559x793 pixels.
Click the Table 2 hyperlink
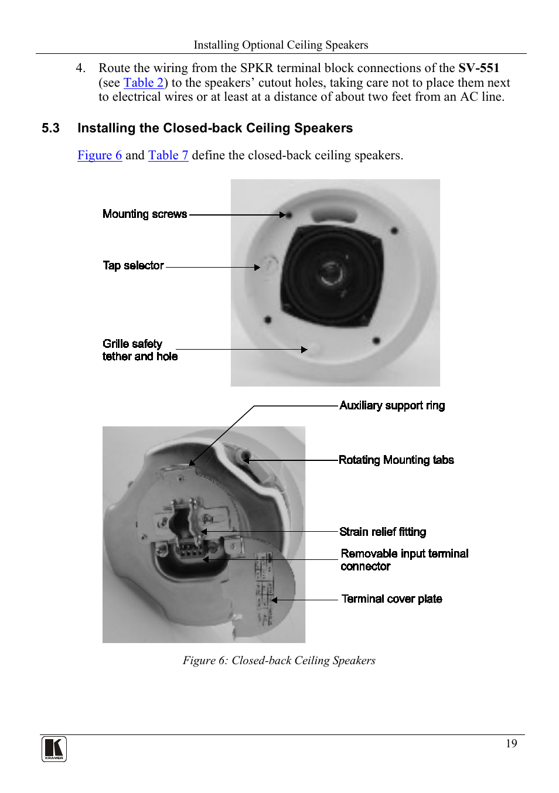point(143,83)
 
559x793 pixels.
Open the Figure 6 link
point(100,155)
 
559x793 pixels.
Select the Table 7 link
point(168,155)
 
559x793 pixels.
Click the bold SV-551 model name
point(478,68)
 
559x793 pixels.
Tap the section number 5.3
point(50,128)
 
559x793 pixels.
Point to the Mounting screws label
point(145,214)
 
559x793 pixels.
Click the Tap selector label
point(133,266)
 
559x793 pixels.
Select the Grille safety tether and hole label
point(139,350)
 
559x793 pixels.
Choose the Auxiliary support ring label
point(392,406)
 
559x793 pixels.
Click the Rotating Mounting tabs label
point(396,460)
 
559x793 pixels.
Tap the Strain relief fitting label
point(383,532)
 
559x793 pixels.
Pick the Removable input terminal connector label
point(404,560)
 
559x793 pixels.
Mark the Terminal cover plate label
point(391,599)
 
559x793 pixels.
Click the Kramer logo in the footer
point(54,749)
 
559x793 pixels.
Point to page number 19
point(511,744)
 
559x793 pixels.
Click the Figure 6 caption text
point(279,661)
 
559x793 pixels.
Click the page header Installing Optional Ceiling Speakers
point(281,45)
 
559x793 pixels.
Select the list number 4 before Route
point(80,68)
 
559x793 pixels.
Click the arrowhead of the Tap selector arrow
point(257,268)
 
